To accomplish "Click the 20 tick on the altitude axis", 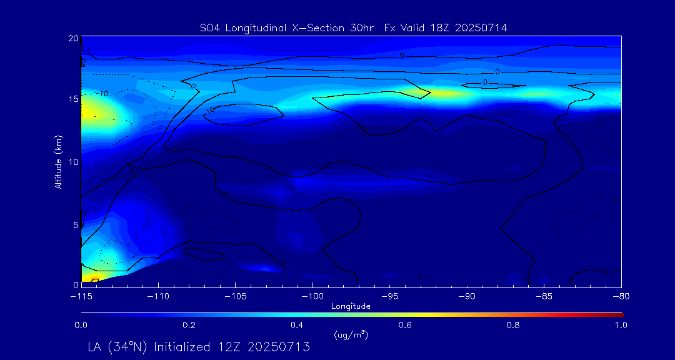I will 72,38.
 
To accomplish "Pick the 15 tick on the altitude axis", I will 72,99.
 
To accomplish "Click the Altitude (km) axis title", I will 58,161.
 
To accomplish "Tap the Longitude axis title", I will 351,306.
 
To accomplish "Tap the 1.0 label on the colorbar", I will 621,325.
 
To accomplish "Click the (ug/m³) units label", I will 351,335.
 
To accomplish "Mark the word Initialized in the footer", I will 182,347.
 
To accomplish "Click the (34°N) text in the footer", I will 129,347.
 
